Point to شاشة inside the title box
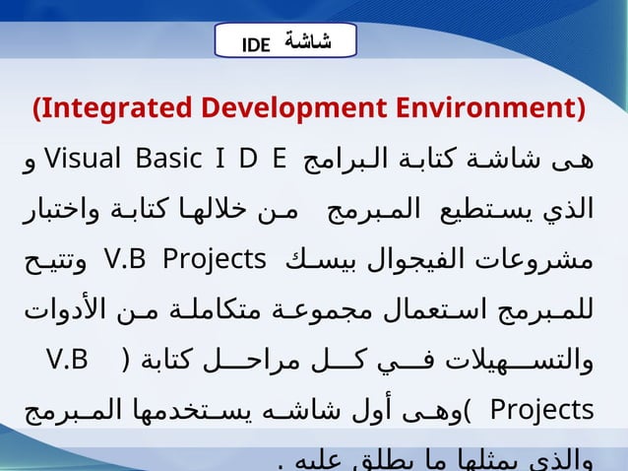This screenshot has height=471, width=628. click(307, 41)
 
